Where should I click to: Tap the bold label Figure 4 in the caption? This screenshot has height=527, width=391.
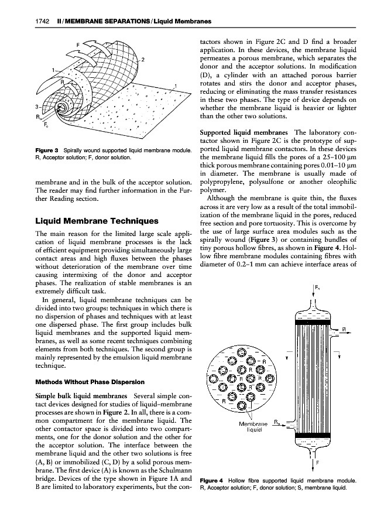(x=214, y=481)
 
